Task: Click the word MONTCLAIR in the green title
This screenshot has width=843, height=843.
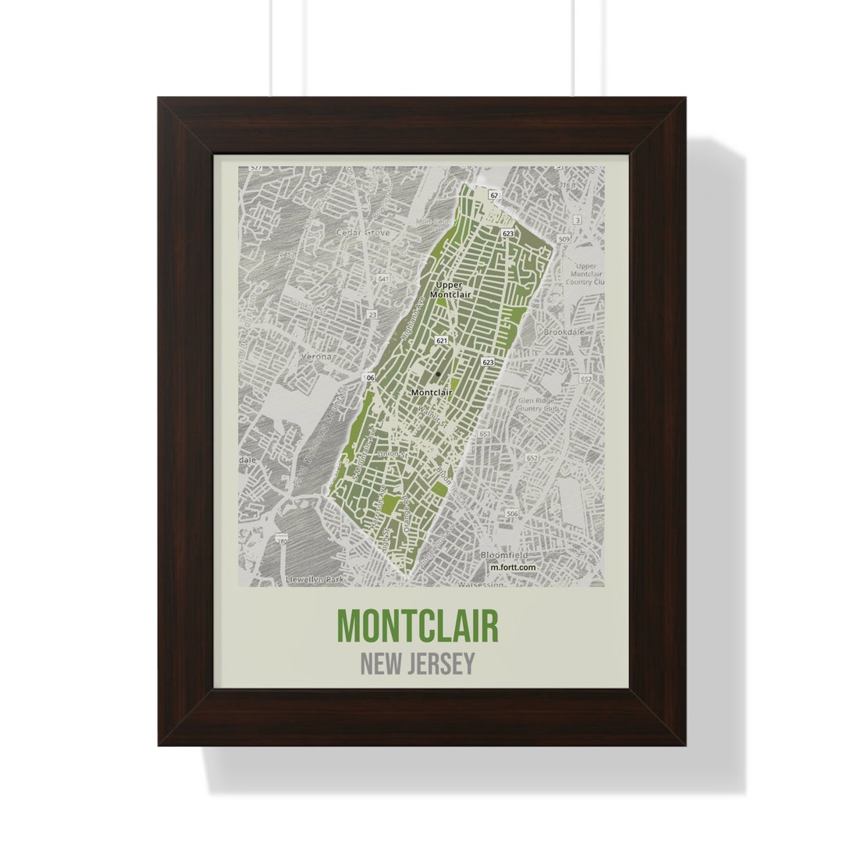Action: coord(418,626)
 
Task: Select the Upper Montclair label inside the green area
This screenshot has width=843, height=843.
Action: coord(450,290)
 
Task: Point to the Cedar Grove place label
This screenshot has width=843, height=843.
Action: coord(356,233)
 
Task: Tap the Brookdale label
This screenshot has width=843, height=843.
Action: coord(564,332)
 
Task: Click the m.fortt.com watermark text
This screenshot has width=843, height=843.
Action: coord(513,567)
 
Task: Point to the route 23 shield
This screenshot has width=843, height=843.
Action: coord(372,315)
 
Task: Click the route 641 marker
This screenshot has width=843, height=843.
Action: coord(382,279)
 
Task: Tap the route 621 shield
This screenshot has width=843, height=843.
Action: coord(442,341)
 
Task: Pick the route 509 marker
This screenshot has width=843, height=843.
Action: coord(564,239)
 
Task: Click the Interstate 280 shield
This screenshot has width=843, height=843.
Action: coord(281,539)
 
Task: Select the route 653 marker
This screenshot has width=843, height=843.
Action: coord(485,434)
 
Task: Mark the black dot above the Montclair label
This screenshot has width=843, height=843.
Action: coord(438,374)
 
